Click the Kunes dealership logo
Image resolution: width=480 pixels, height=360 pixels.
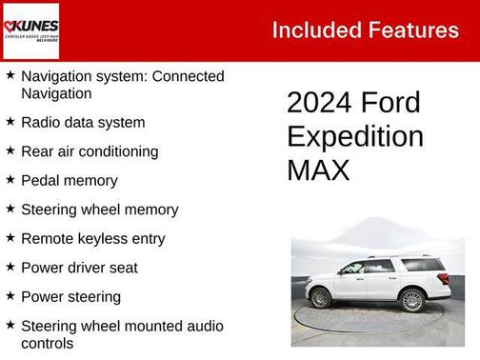[30, 30]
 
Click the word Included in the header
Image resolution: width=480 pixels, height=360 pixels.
[315, 30]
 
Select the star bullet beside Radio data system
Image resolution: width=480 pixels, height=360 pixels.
[10, 122]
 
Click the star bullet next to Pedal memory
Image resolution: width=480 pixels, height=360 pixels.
[10, 180]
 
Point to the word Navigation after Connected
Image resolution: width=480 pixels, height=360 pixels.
[56, 93]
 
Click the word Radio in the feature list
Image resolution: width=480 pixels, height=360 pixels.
[41, 122]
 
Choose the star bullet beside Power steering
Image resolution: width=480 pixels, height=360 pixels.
[10, 296]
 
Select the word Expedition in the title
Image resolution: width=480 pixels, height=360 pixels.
[354, 136]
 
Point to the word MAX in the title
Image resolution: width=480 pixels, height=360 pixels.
[318, 170]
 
